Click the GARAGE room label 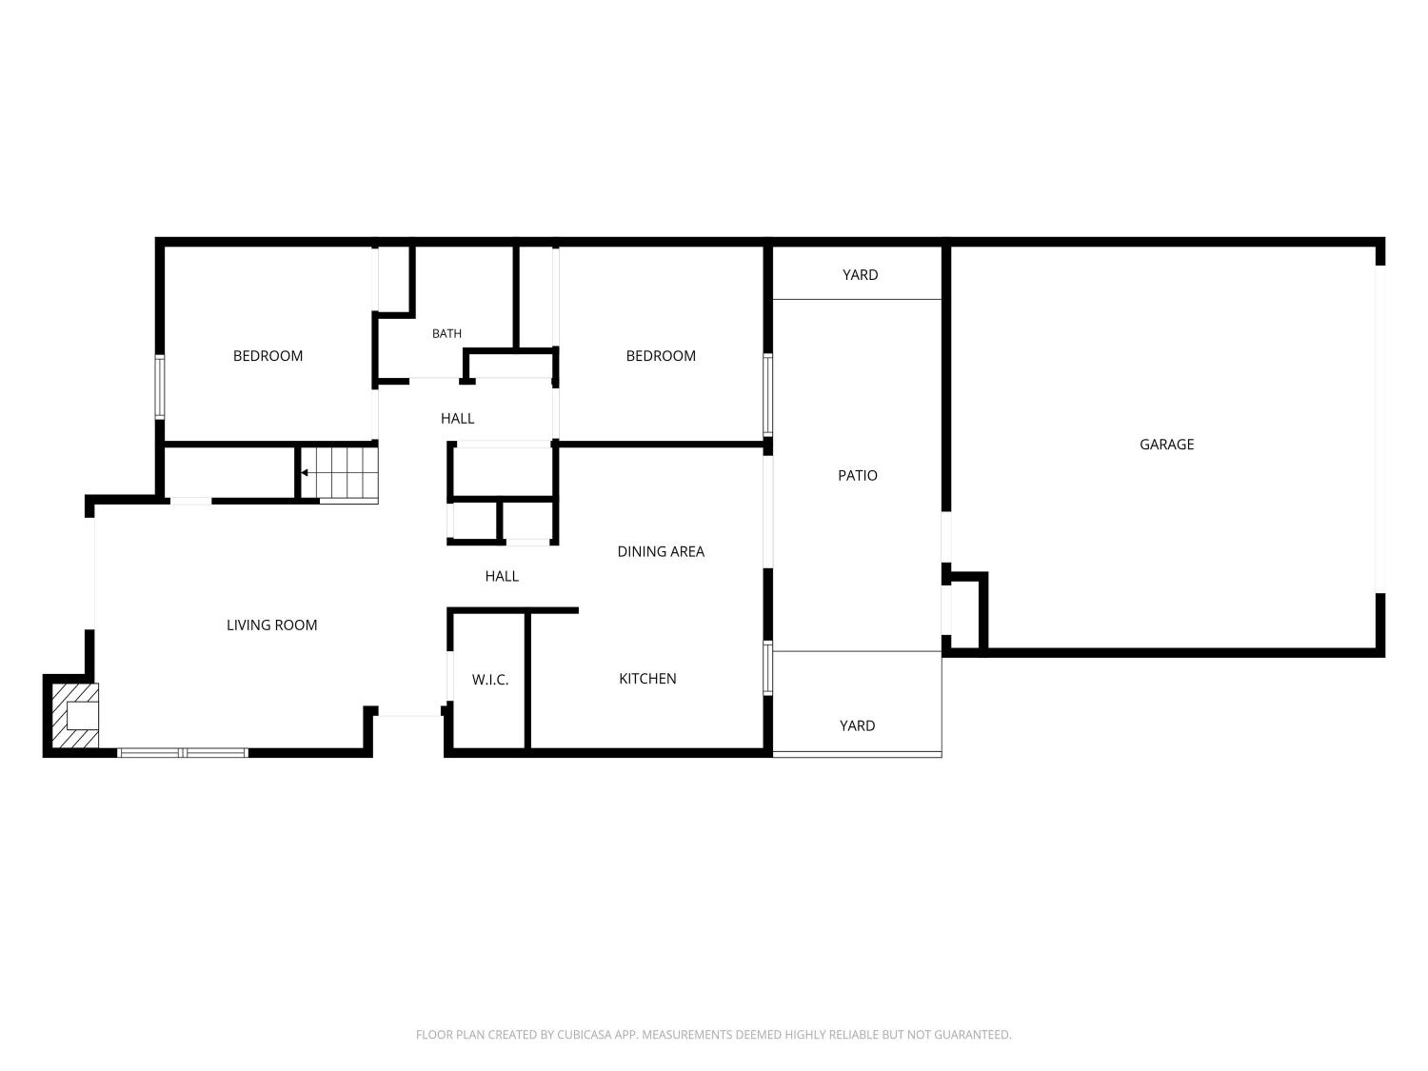click(1166, 445)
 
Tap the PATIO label click(858, 475)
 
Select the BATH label click(446, 333)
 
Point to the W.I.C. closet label click(490, 680)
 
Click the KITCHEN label click(647, 678)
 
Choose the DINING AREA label click(661, 551)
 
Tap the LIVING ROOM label click(272, 625)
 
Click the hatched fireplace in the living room click(75, 715)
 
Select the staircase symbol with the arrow click(339, 474)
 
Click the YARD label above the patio click(860, 275)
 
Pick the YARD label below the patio click(857, 725)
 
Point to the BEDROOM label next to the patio click(661, 356)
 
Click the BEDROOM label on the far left click(268, 356)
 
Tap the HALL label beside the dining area click(502, 576)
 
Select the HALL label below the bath click(457, 418)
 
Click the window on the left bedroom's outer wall click(159, 387)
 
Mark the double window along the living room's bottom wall click(183, 752)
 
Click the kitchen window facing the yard click(767, 667)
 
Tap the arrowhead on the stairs click(305, 473)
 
